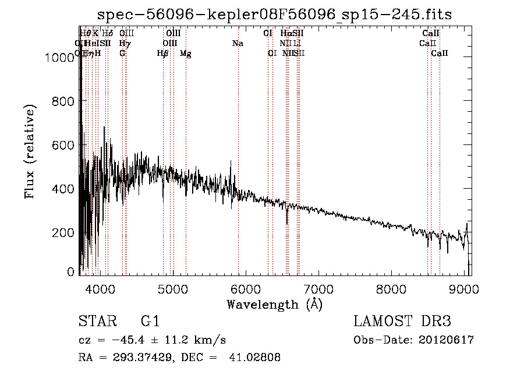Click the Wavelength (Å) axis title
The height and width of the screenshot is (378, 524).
tap(274, 304)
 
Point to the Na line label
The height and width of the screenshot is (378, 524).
tap(238, 44)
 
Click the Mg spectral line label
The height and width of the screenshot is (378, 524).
tap(185, 54)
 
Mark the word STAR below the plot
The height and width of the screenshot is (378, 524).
tap(97, 322)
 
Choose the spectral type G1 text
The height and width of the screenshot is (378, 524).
tap(150, 322)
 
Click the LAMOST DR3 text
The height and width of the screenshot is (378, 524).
tap(402, 322)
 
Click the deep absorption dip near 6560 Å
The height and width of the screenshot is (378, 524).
tap(286, 221)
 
